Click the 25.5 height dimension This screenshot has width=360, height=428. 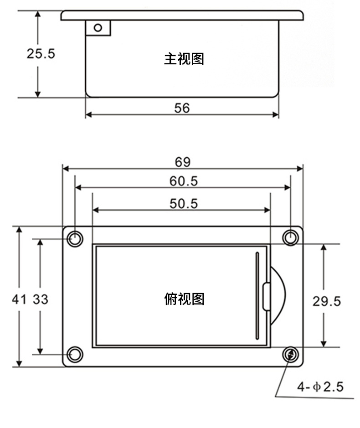point(41,54)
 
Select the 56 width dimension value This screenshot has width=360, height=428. point(182,108)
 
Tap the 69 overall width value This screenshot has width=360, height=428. point(183,162)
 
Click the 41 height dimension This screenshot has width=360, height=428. point(19,299)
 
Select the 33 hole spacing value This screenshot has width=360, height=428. point(41,299)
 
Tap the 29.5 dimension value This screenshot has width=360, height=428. point(326,301)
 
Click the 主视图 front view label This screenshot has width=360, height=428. point(184,59)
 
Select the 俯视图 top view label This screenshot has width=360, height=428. point(184,299)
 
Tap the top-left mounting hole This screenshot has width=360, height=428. point(75,238)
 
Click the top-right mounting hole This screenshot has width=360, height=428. point(290,237)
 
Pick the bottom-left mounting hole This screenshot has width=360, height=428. point(75,354)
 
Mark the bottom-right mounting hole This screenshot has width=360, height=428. point(290,354)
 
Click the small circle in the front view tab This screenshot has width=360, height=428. point(98,28)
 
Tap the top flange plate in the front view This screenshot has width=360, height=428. point(182,15)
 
